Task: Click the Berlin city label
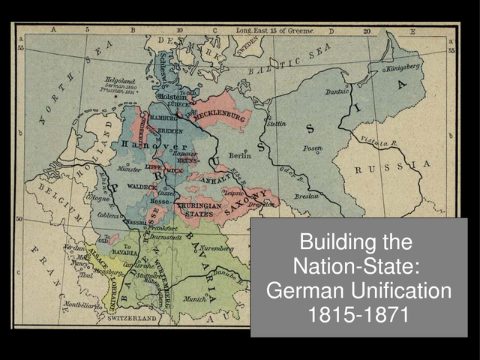click(x=240, y=155)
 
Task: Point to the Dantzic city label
click(x=337, y=91)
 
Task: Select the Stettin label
click(x=275, y=123)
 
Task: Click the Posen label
click(x=313, y=148)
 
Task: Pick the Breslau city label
click(x=308, y=195)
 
